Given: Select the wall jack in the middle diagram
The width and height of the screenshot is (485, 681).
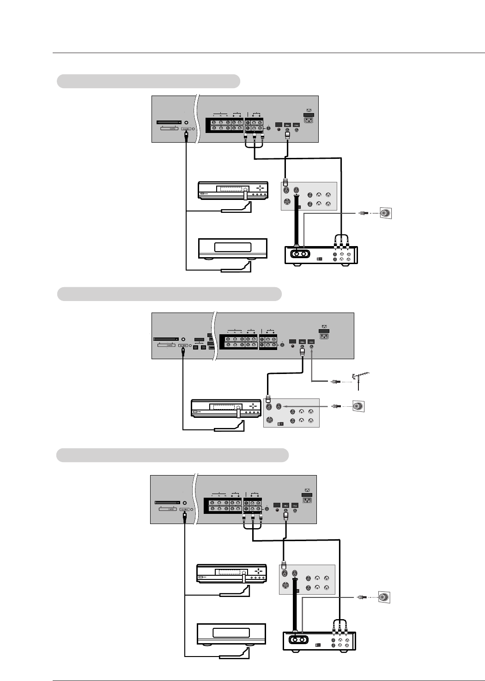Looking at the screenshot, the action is pyautogui.click(x=358, y=406).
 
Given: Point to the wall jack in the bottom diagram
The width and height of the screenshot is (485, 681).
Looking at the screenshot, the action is pyautogui.click(x=384, y=597).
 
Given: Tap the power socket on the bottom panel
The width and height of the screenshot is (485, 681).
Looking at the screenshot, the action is pyautogui.click(x=307, y=500).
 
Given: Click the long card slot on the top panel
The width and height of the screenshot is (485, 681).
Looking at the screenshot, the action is pyautogui.click(x=169, y=123).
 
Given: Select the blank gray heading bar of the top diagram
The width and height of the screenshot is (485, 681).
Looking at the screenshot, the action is pyautogui.click(x=148, y=81).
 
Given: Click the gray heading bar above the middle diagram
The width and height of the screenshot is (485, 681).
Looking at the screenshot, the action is pyautogui.click(x=169, y=294).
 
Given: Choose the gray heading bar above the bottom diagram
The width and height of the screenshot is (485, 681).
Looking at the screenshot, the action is pyautogui.click(x=172, y=455).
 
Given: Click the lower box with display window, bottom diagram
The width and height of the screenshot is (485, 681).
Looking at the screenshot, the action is pyautogui.click(x=231, y=633).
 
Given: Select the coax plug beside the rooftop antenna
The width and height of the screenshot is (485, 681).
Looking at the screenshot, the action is pyautogui.click(x=336, y=381).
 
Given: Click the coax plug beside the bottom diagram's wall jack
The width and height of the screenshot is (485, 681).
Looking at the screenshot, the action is pyautogui.click(x=362, y=597).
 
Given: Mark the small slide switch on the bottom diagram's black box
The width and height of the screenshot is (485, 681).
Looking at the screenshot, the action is pyautogui.click(x=318, y=645).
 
